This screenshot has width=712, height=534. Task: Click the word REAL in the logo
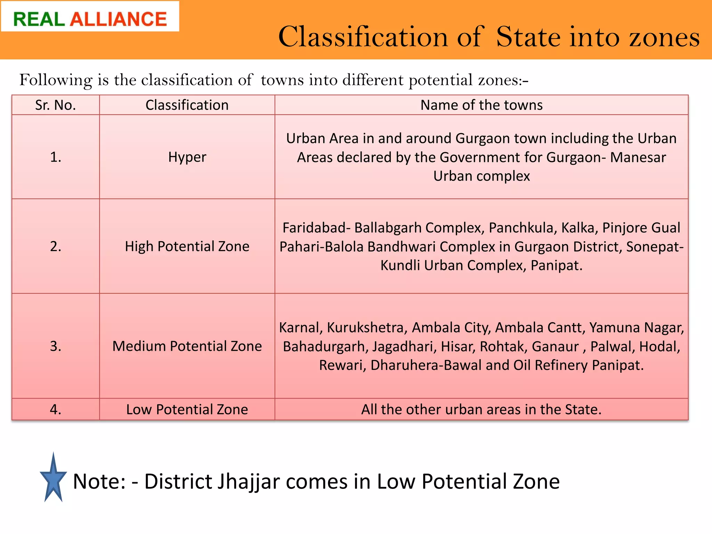[39, 19]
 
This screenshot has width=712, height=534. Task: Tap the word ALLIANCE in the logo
[119, 19]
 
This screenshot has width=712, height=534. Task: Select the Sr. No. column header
[56, 105]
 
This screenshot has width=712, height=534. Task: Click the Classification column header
[187, 105]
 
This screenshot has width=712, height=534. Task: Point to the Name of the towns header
[481, 105]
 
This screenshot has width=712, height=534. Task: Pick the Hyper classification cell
[187, 157]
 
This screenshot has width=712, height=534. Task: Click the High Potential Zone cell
[187, 246]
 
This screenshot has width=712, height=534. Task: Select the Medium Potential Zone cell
[187, 346]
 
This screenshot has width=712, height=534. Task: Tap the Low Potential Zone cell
[187, 410]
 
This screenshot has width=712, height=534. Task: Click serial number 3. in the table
[56, 346]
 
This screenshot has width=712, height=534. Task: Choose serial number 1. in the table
[56, 157]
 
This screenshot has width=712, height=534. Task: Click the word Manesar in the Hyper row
[638, 157]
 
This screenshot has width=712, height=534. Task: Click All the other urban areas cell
[481, 410]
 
